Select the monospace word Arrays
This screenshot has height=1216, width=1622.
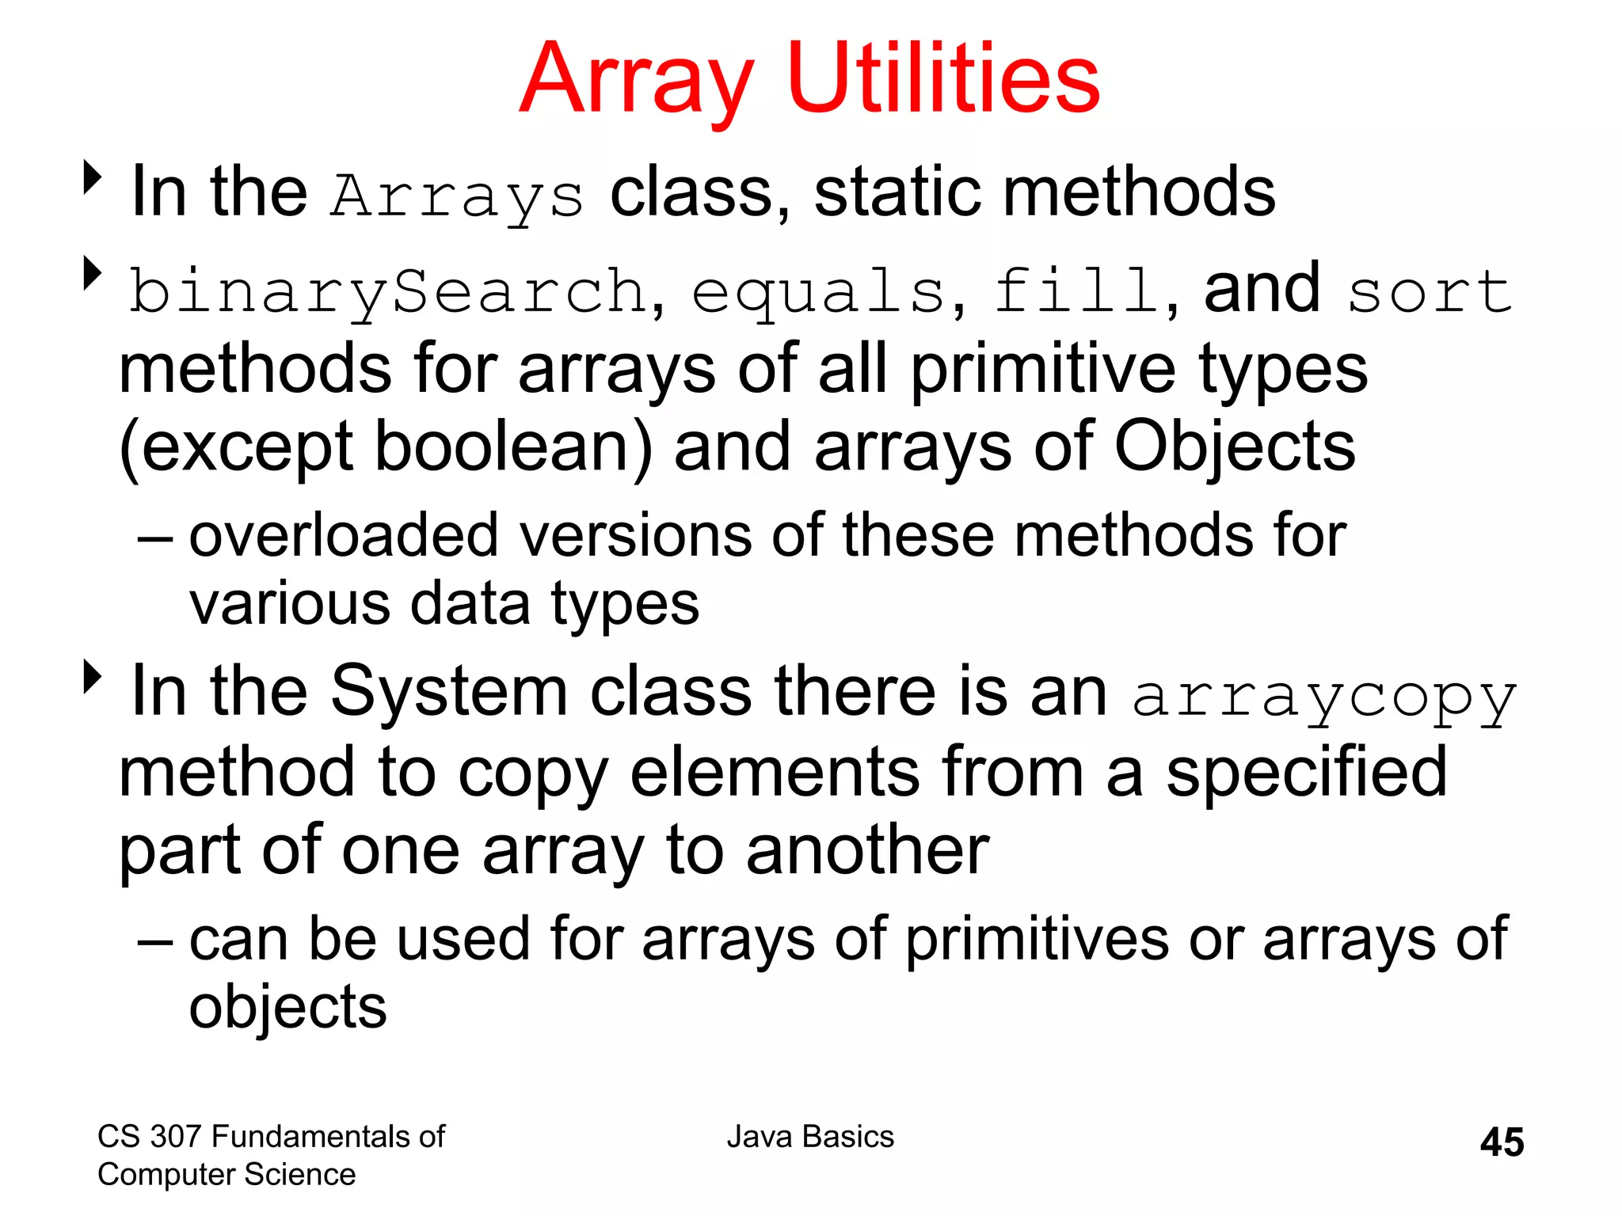[x=458, y=196]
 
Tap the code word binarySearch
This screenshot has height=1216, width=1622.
[x=388, y=292]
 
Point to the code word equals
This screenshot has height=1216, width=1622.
[x=819, y=292]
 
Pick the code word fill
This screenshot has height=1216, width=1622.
[x=1077, y=291]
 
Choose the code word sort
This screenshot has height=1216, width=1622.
[x=1430, y=292]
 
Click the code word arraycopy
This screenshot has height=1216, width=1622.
[x=1324, y=697]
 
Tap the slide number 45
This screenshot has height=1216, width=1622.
[x=1502, y=1142]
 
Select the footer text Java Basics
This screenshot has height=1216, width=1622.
[x=810, y=1136]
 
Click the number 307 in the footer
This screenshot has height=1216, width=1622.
[x=175, y=1136]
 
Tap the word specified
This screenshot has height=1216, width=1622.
[x=1306, y=772]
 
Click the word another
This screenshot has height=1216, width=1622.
[x=867, y=850]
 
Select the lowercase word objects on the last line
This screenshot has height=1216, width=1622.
[x=287, y=1006]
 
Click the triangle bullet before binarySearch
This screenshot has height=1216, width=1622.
[x=93, y=274]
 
